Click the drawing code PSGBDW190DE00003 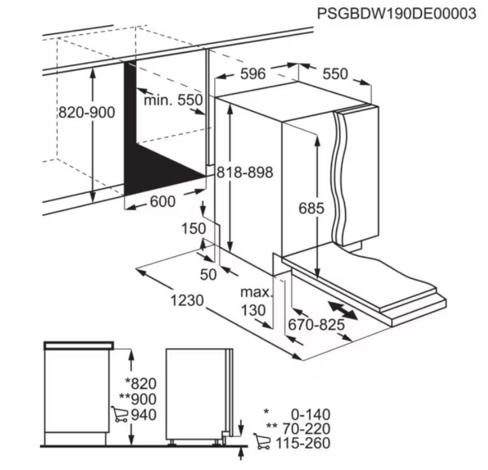[x=396, y=13]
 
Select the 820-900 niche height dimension [x=87, y=112]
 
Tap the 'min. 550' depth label [x=173, y=100]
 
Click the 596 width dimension [x=253, y=74]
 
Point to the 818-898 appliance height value [x=245, y=172]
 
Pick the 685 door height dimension [x=311, y=208]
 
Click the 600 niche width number [x=163, y=202]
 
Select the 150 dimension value [x=193, y=228]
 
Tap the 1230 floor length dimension [x=187, y=300]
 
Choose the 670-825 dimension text [x=316, y=324]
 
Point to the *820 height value [x=141, y=384]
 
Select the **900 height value [x=138, y=399]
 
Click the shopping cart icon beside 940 [x=120, y=415]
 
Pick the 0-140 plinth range [x=310, y=415]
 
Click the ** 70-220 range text [x=298, y=429]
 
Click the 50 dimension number [x=208, y=275]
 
